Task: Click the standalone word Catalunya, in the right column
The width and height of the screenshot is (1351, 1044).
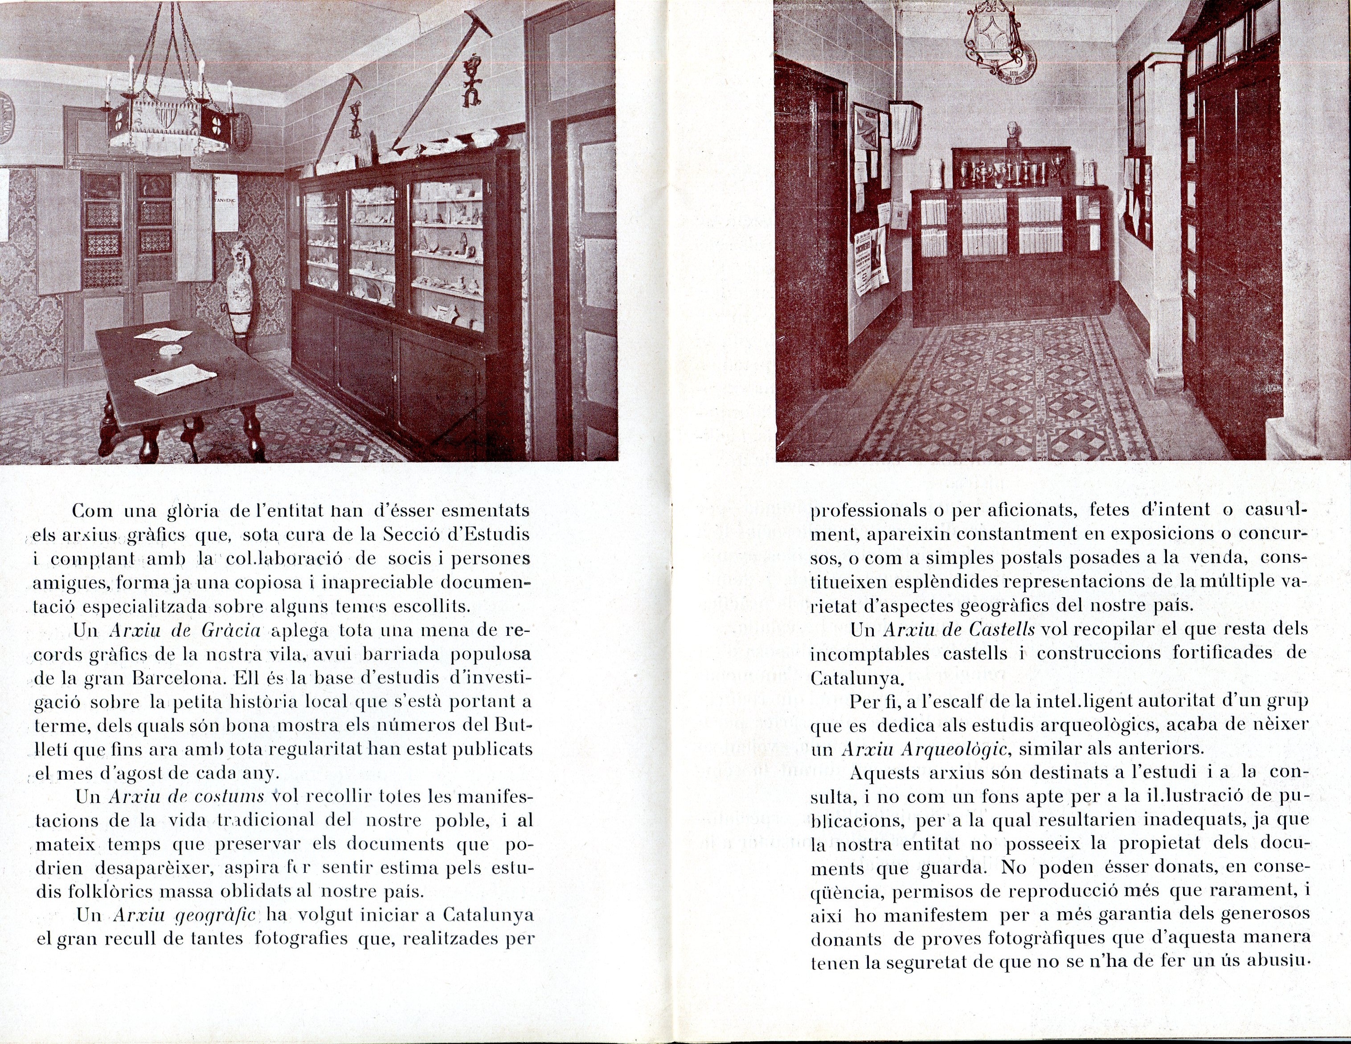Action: click(x=857, y=679)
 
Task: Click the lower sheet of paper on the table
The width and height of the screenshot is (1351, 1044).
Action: click(x=176, y=378)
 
